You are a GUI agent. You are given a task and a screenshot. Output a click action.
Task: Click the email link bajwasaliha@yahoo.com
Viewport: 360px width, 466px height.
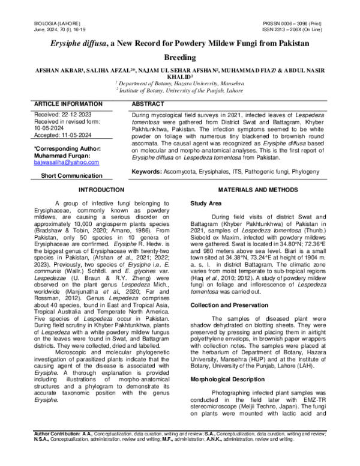(x=66, y=162)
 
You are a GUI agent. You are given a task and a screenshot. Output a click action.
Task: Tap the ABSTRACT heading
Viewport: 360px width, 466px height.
(x=148, y=104)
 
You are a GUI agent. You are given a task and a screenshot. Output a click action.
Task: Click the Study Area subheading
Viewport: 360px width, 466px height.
(x=206, y=204)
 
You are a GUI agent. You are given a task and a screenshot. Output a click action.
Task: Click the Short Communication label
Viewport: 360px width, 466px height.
(x=71, y=175)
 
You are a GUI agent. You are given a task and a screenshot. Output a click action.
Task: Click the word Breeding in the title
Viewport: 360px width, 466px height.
(x=179, y=58)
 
